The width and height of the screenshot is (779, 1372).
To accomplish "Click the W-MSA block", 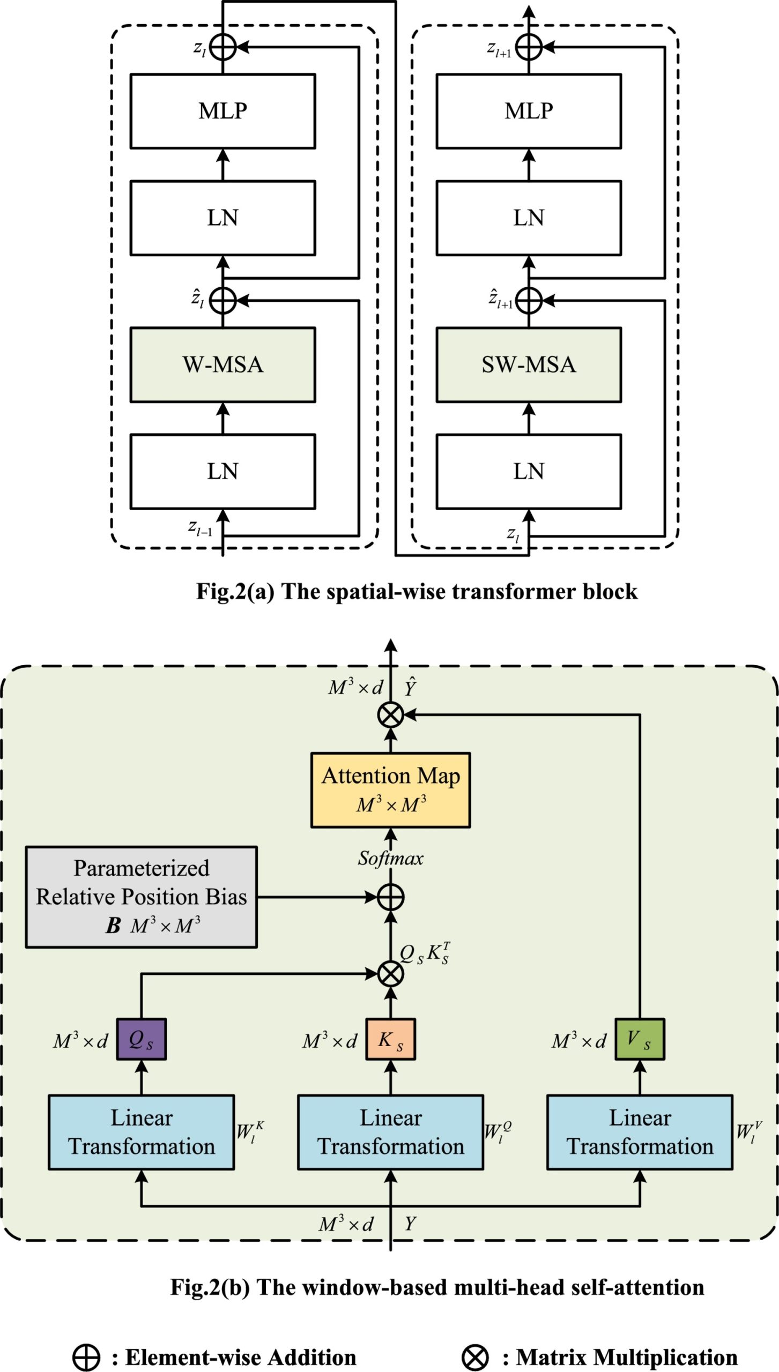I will [x=222, y=365].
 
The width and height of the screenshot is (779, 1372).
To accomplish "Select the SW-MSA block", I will [x=529, y=365].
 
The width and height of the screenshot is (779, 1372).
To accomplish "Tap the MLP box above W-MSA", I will [x=222, y=111].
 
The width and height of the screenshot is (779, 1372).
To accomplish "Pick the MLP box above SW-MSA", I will [x=529, y=111].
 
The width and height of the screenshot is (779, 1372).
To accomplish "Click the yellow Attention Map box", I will [x=390, y=790].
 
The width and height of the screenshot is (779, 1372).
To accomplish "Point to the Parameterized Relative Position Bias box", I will [x=141, y=897].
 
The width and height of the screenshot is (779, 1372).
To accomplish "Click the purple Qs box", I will [x=141, y=1039].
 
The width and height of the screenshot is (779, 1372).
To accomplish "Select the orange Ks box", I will [x=390, y=1039].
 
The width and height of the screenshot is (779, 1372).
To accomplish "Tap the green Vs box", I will [x=640, y=1039].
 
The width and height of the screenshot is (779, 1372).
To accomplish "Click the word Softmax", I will [x=390, y=859].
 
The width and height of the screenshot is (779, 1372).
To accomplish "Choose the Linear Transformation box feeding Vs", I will [x=640, y=1132].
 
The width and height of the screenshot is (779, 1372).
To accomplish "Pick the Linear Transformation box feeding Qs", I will [x=141, y=1132].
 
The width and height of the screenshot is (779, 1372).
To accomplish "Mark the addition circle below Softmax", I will [x=390, y=897].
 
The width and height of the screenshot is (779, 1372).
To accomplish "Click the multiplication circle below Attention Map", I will [x=390, y=714].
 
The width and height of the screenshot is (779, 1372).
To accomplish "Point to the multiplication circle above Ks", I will [x=390, y=974].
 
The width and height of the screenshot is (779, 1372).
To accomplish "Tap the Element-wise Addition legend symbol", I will [x=86, y=1358].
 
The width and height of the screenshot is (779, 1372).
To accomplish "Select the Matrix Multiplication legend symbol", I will [x=475, y=1358].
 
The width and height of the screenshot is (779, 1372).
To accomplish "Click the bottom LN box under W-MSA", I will [x=222, y=472].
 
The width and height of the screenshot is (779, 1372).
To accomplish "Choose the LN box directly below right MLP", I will [x=529, y=218].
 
